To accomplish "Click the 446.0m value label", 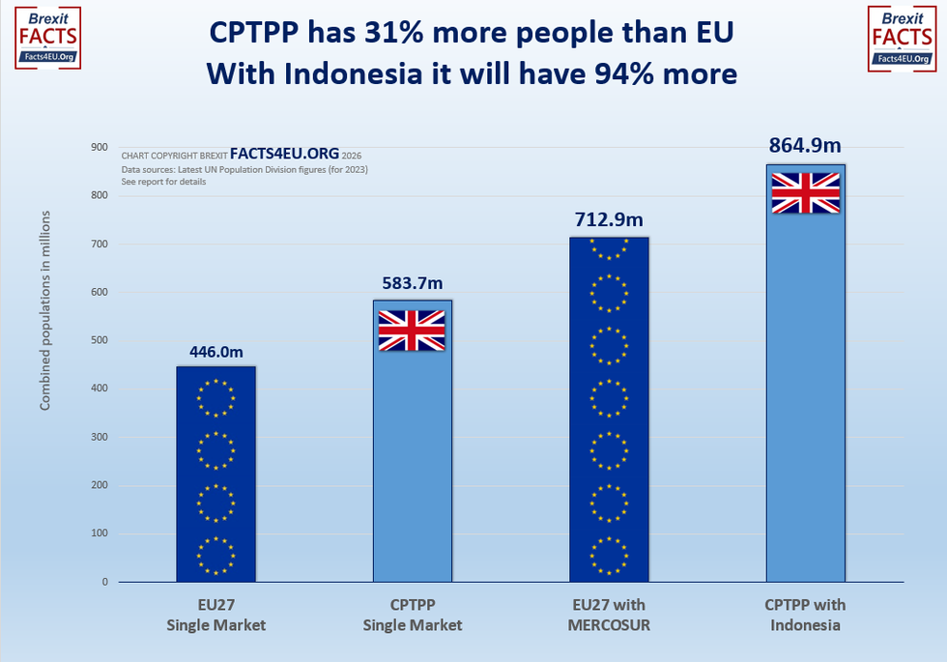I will [215, 353].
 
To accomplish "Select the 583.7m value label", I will [413, 286].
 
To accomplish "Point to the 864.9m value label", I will [805, 146].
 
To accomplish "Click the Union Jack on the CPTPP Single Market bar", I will [412, 331].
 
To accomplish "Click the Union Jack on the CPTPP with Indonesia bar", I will [805, 192].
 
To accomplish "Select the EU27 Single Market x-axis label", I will [215, 615].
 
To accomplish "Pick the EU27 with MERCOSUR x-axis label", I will [609, 615].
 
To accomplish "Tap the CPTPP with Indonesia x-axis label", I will [805, 615].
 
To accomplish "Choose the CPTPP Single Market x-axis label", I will [413, 615].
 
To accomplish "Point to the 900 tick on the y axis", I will [100, 147].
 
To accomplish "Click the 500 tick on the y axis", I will [100, 340].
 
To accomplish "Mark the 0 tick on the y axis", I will [104, 582].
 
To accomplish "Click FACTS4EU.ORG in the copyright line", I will [285, 154].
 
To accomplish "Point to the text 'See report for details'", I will [163, 181].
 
